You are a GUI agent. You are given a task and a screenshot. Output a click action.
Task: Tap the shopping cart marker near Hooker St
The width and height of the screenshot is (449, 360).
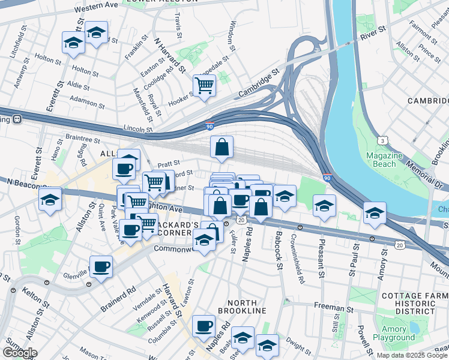click(x=204, y=86)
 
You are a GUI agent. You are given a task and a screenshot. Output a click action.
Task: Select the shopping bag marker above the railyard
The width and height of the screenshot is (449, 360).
click(x=221, y=147)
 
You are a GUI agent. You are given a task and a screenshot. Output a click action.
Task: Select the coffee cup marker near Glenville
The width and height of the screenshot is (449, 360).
click(x=101, y=266)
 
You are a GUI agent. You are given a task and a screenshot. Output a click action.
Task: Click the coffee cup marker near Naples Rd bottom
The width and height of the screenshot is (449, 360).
click(x=204, y=326)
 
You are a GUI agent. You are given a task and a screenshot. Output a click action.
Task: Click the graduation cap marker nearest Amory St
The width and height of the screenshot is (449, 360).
click(x=375, y=214)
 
